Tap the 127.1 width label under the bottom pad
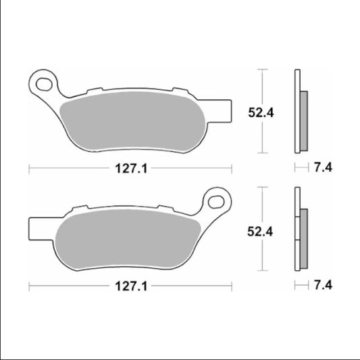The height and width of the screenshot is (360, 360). (x=130, y=287)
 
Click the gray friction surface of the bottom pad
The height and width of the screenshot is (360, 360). (x=128, y=240)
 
